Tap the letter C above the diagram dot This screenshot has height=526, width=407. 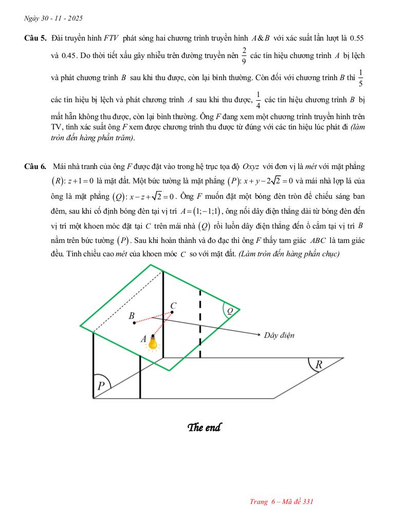pos(173,304)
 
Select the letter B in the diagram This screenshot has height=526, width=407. pos(132,315)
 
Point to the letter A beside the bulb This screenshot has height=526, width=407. pos(143,339)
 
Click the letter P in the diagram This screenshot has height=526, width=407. pos(101,386)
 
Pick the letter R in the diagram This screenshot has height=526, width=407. pos(318,365)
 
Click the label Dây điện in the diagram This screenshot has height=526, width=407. pos(279,335)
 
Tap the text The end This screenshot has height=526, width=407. pos(204,427)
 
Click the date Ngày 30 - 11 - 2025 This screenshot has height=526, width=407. pos(53,18)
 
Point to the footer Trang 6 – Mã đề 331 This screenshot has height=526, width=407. pos(281,502)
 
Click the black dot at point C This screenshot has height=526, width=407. pos(172,312)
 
